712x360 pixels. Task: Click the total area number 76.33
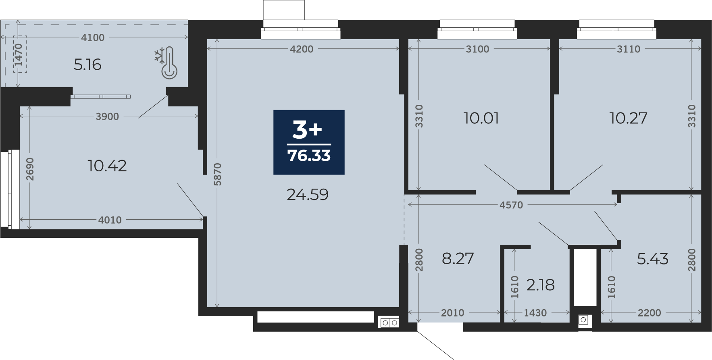(x=309, y=156)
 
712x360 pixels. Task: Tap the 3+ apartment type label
(x=307, y=130)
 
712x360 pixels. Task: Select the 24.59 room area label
(x=308, y=195)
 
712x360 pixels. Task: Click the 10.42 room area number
(x=107, y=166)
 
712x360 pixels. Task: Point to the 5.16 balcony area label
(x=87, y=65)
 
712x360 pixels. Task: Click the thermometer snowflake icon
(x=166, y=63)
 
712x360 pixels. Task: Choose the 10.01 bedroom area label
(x=481, y=119)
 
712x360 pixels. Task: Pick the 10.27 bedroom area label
(x=628, y=118)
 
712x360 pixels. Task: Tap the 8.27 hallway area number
(x=458, y=258)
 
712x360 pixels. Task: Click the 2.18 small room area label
(x=540, y=285)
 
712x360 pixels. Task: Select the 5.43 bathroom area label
(x=653, y=258)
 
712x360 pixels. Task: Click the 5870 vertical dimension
(x=218, y=174)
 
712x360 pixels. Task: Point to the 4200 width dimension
(x=302, y=49)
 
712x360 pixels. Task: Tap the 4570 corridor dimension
(x=511, y=205)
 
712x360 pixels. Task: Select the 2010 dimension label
(x=452, y=313)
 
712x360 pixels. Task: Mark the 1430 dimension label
(x=535, y=313)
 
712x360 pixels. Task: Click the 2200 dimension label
(x=649, y=313)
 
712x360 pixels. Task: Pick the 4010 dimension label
(x=110, y=220)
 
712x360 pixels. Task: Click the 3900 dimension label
(x=107, y=117)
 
